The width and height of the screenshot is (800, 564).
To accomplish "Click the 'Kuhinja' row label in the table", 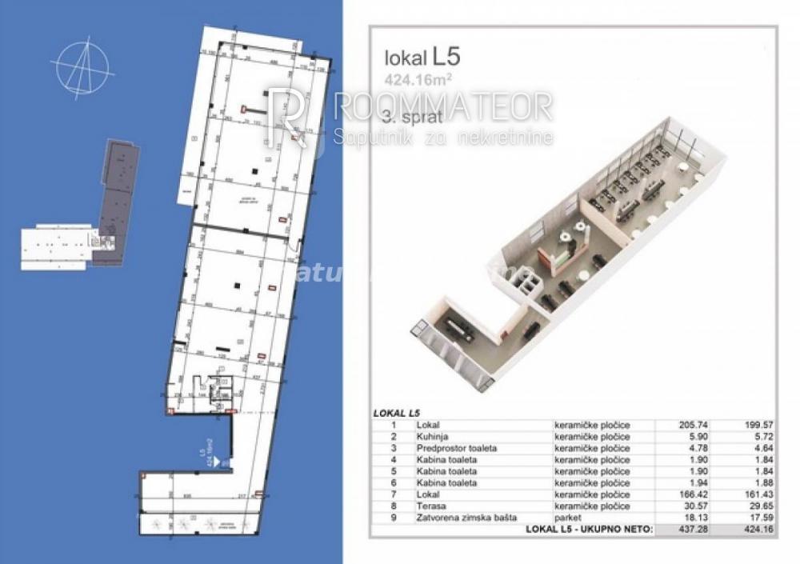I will coord(432,437).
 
